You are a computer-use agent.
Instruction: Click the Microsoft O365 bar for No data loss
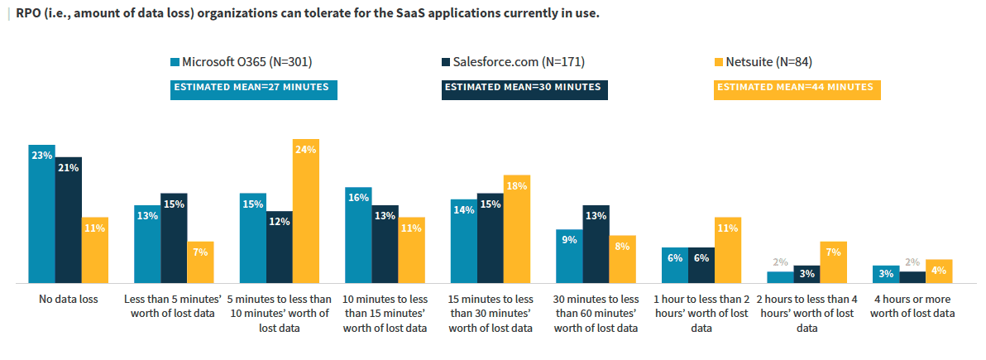pyautogui.click(x=42, y=214)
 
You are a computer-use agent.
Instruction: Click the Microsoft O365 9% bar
pyautogui.click(x=569, y=257)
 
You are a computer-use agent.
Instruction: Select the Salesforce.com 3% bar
pyautogui.click(x=807, y=275)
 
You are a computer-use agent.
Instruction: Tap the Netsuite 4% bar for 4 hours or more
pyautogui.click(x=939, y=272)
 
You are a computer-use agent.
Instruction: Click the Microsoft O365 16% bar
pyautogui.click(x=358, y=236)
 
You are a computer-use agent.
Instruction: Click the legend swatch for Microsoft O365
pyautogui.click(x=175, y=62)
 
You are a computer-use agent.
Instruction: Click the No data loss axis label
pyautogui.click(x=69, y=300)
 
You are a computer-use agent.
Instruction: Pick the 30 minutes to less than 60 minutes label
pyautogui.click(x=596, y=314)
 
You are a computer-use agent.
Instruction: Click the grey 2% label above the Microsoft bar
pyautogui.click(x=780, y=262)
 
